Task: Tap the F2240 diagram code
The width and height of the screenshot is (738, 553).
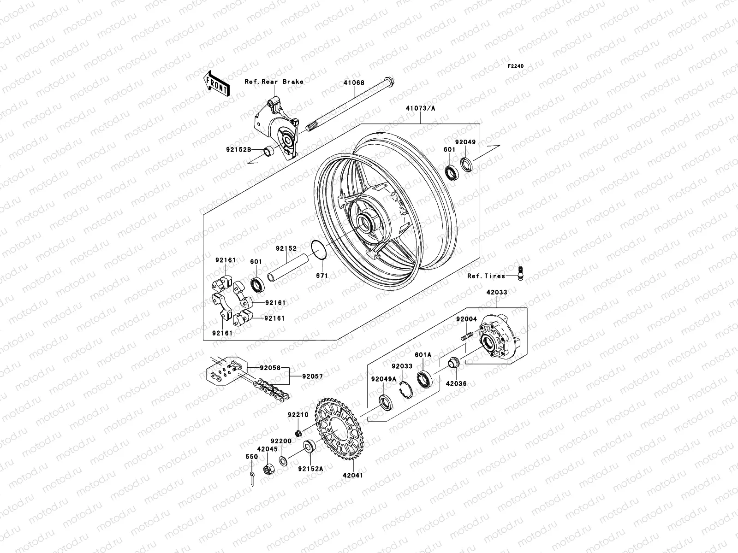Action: pyautogui.click(x=516, y=66)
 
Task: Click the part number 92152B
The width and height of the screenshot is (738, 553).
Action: pyautogui.click(x=238, y=149)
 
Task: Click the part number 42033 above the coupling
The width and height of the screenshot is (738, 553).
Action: pyautogui.click(x=496, y=292)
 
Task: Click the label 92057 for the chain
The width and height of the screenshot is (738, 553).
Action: pyautogui.click(x=312, y=376)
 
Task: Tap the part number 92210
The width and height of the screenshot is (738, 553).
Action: pyautogui.click(x=298, y=415)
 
